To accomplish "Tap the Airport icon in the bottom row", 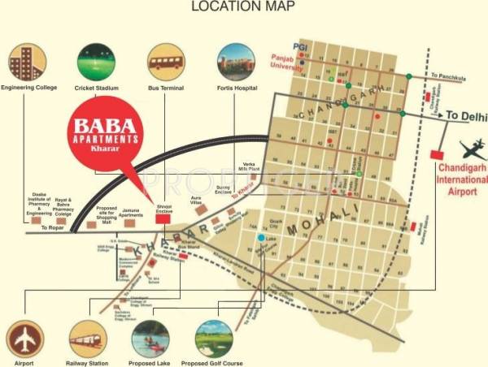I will (25, 339).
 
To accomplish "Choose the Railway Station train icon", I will (86, 339).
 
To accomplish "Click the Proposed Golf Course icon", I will (213, 339).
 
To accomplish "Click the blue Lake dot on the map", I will (260, 238).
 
